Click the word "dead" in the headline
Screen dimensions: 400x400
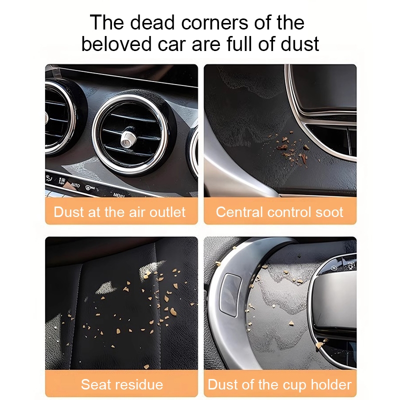(152, 22)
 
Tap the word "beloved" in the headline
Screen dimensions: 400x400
(116, 44)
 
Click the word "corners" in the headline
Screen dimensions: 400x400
(214, 22)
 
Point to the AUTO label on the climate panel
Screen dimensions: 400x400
(75, 185)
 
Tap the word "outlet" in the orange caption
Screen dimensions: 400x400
(167, 212)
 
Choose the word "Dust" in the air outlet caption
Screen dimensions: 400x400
(68, 212)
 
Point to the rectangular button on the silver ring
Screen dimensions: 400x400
(230, 295)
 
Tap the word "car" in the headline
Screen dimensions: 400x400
(171, 44)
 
